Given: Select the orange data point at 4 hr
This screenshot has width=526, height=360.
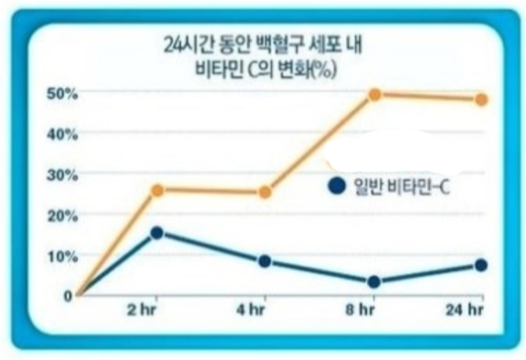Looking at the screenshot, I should coord(265,192).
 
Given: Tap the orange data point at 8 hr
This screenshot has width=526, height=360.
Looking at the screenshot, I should coord(374,94).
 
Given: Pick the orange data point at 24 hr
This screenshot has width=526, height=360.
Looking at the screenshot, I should coord(481,100).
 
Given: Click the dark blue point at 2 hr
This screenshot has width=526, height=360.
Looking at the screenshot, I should coord(157,233).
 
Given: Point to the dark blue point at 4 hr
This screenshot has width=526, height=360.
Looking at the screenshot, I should coord(265,261).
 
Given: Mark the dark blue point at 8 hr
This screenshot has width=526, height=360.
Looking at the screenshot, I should coord(374,281).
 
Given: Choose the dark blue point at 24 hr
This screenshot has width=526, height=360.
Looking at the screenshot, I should coord(481,265).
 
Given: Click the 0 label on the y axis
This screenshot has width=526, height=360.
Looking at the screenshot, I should coord(67,295).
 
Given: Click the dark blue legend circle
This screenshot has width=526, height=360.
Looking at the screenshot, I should coord(337,186).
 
